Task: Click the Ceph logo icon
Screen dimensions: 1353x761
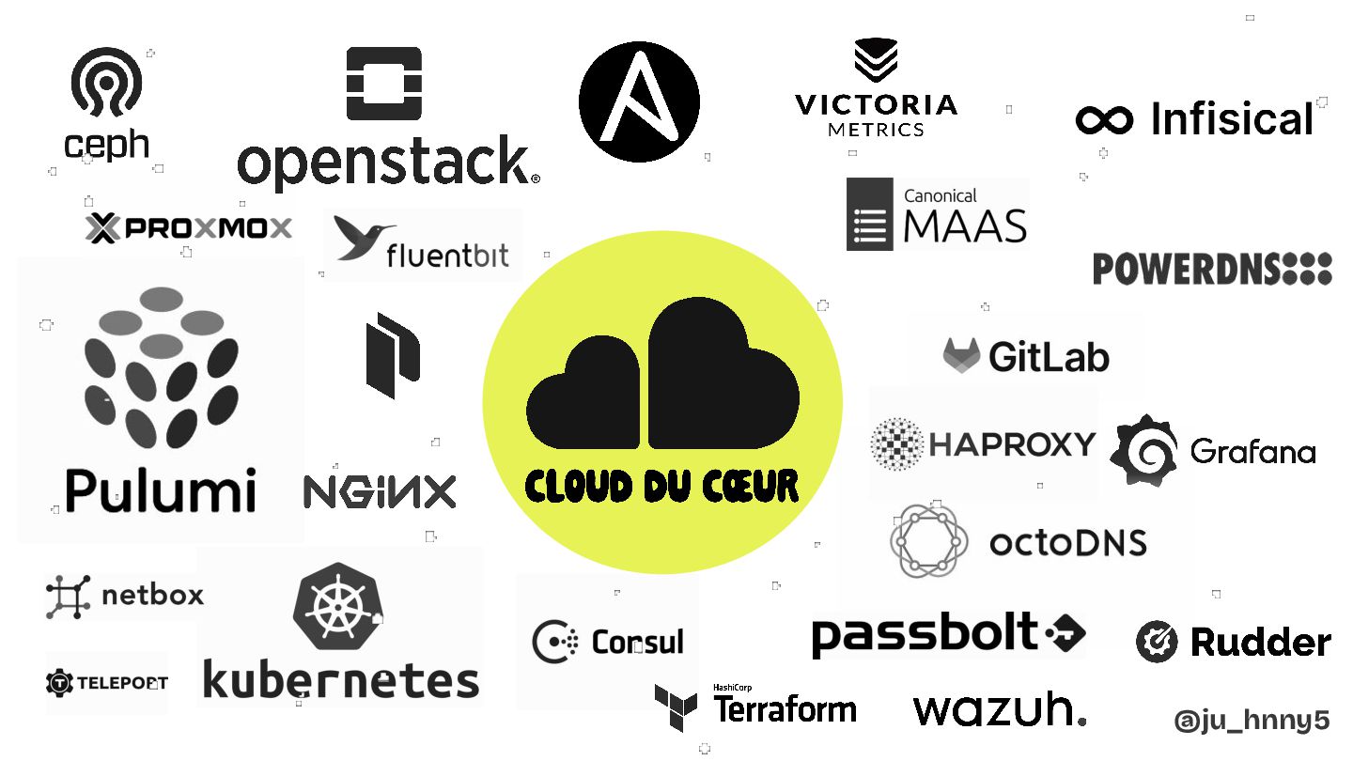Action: (x=106, y=83)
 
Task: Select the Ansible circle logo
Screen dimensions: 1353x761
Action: (x=639, y=102)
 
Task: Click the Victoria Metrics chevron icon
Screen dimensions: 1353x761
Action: (x=876, y=61)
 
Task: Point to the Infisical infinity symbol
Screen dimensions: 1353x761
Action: (x=1104, y=120)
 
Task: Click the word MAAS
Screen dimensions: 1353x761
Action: (x=964, y=226)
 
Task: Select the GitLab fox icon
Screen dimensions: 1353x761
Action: (x=961, y=354)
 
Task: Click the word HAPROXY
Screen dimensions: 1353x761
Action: (x=1012, y=443)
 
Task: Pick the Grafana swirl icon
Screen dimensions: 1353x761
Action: (x=1143, y=450)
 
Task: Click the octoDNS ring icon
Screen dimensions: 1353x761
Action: (x=928, y=540)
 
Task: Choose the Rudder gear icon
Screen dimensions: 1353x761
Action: (x=1157, y=642)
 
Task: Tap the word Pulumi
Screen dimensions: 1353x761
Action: (x=161, y=489)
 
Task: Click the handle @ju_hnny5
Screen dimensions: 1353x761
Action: (x=1252, y=721)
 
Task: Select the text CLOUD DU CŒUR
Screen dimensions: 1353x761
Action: (x=661, y=486)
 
